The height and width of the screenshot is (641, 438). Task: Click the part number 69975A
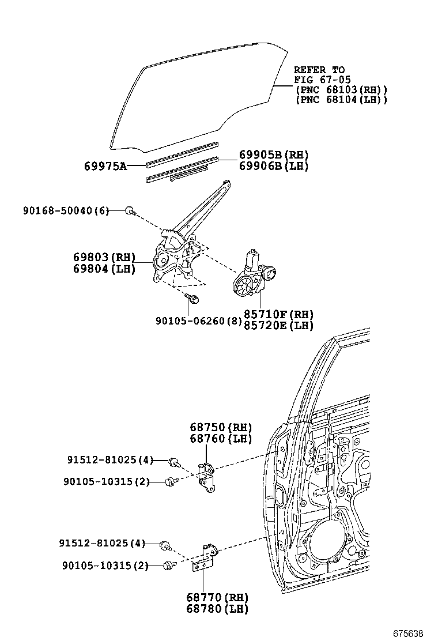point(105,166)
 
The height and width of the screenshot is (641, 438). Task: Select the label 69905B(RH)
point(274,154)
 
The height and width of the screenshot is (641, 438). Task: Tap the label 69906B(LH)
point(274,166)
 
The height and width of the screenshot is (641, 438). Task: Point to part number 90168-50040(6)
point(66,211)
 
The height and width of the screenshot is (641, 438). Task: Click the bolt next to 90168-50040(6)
point(130,211)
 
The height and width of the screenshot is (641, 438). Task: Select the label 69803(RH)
point(104,257)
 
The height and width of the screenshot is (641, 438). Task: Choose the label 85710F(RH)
point(278,315)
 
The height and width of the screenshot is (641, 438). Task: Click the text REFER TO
point(319,70)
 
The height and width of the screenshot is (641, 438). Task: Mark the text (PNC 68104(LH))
point(341,100)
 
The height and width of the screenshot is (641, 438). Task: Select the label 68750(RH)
point(221,427)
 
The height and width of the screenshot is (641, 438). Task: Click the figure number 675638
point(412,633)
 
